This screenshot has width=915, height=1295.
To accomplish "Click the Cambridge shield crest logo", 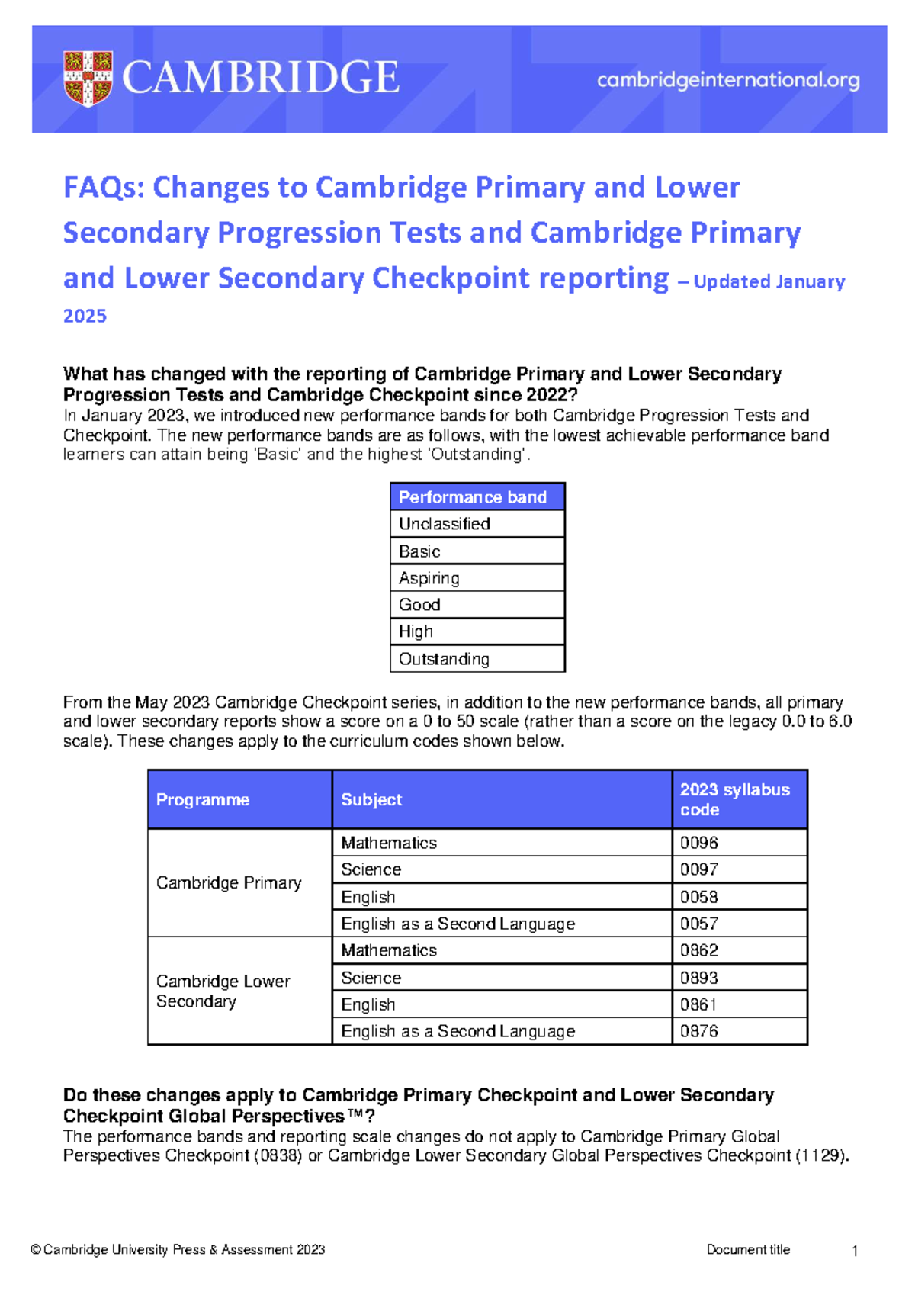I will [x=88, y=78].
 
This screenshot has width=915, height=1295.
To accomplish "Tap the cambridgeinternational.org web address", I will [x=728, y=80].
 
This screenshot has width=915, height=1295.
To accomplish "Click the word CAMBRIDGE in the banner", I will [x=260, y=78].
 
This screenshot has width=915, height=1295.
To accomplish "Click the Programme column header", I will [x=203, y=799].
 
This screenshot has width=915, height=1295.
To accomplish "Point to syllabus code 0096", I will [x=699, y=843].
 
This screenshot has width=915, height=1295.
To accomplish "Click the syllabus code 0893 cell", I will [x=699, y=978].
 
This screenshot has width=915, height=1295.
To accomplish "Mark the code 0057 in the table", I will [x=699, y=924].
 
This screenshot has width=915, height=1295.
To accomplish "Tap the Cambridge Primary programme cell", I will [x=229, y=882].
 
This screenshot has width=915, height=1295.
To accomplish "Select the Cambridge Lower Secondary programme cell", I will [x=223, y=991].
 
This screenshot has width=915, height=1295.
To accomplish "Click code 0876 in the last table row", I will [x=699, y=1031].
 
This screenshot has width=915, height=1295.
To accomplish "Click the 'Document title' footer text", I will [x=748, y=1249].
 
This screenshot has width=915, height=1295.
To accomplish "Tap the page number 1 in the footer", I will [x=855, y=1251].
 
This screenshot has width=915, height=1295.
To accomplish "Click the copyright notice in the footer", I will [x=178, y=1249].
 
